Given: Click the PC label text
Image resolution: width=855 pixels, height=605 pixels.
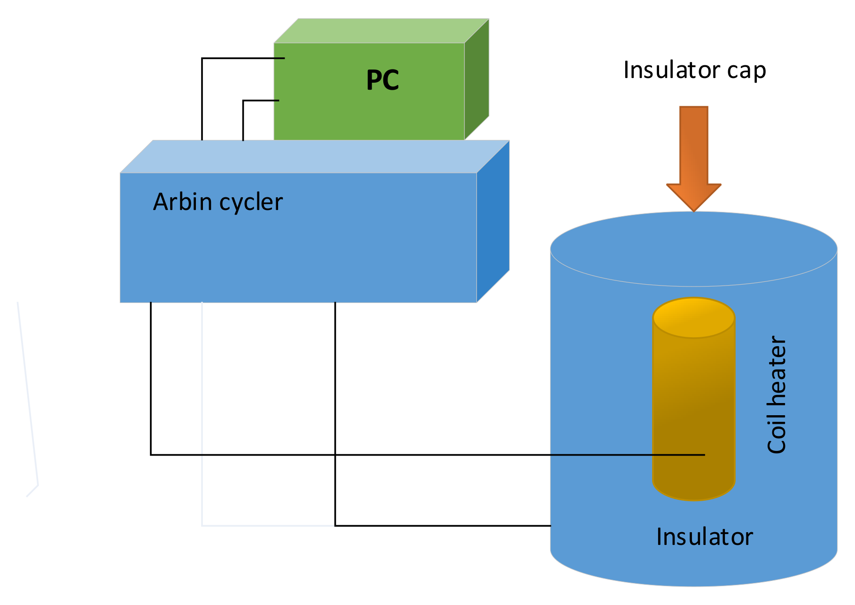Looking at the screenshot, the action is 382,80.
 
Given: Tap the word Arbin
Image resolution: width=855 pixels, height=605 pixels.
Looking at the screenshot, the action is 183,202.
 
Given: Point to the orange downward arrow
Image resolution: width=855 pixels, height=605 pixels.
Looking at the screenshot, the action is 694,159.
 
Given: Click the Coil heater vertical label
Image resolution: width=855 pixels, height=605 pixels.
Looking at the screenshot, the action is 777,395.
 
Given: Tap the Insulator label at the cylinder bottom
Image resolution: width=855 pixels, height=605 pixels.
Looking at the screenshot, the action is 705,537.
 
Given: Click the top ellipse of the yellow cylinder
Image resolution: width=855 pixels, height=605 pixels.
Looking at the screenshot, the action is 694,318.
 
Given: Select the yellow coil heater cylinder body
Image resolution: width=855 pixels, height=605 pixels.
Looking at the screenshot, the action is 694,399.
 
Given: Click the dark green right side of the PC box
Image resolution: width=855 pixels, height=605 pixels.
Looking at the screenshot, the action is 477,80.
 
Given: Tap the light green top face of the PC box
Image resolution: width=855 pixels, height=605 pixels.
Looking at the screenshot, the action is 381,31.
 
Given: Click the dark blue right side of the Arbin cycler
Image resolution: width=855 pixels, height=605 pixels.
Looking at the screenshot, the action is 493,221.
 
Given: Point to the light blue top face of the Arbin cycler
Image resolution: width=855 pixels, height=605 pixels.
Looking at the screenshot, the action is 315,156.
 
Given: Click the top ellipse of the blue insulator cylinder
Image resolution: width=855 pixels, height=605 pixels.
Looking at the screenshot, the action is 694,249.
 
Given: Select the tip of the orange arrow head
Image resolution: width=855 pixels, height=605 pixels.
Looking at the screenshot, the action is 694,212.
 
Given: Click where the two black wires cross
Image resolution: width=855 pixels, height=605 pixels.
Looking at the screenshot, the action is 335,455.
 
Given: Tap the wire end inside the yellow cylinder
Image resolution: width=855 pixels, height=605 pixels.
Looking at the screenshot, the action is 705,455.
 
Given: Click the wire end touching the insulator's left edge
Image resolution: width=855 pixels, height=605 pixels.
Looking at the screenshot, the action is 551,526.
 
